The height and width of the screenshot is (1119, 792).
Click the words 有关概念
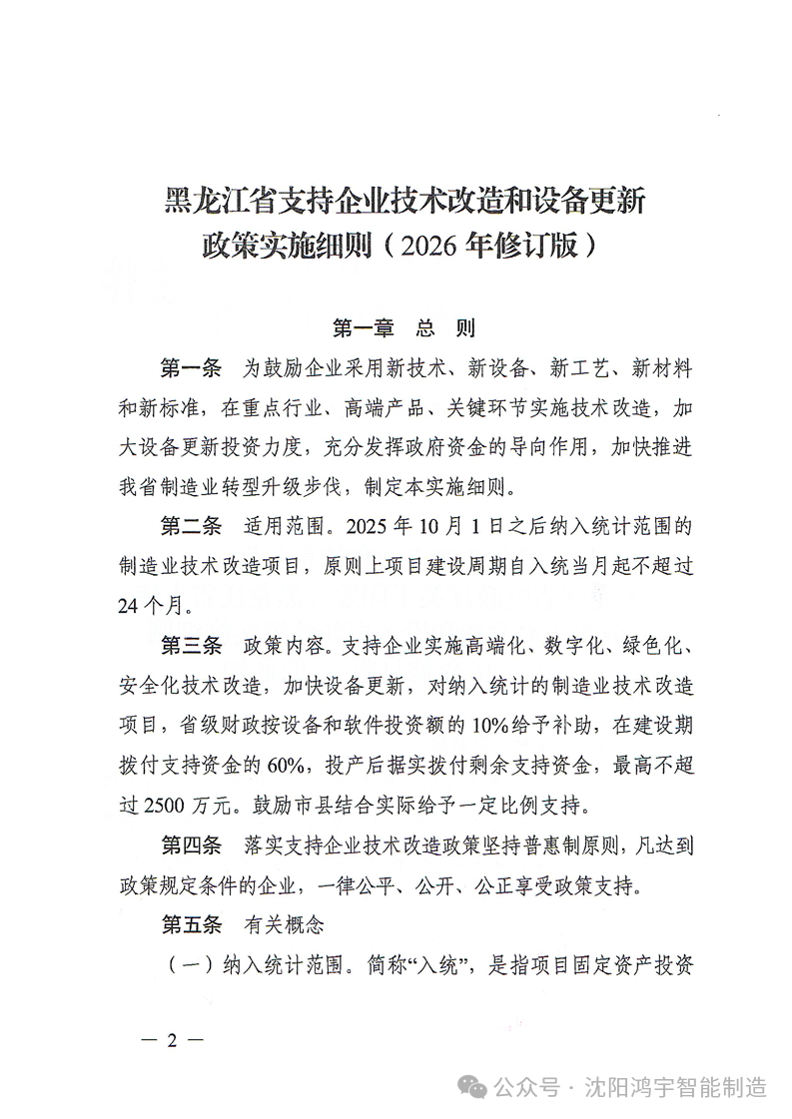(285, 925)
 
